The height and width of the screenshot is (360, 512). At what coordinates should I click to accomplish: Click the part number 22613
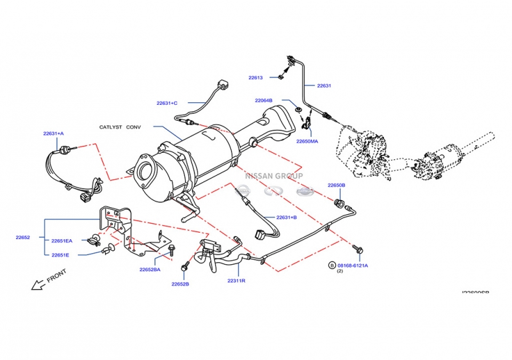tap(255, 77)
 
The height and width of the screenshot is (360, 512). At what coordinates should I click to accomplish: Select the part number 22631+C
tap(166, 103)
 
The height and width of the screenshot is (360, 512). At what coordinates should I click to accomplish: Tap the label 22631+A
tap(54, 133)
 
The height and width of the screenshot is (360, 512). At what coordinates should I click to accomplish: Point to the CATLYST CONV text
tap(120, 127)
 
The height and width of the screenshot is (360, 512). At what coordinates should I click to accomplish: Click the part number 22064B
tap(264, 100)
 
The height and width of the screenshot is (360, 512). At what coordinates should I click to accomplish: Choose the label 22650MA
tap(307, 141)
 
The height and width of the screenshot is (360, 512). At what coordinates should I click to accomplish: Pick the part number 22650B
tap(337, 185)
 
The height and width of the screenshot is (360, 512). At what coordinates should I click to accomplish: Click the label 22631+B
tap(287, 217)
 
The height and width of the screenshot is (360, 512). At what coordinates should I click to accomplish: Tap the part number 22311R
tap(236, 281)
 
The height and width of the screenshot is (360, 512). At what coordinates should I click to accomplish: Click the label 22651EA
tap(62, 241)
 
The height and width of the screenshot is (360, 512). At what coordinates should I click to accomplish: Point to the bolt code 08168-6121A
tap(353, 265)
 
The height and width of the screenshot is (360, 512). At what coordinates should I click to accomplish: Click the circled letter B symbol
tap(332, 265)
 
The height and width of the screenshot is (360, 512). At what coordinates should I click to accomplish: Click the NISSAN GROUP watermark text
tap(275, 175)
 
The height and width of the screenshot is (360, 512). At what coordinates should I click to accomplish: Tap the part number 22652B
tap(180, 284)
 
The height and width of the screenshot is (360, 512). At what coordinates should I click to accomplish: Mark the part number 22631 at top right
tap(324, 86)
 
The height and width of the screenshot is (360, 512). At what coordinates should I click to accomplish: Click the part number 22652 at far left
tap(23, 237)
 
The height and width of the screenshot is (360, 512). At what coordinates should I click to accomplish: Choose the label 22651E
tap(61, 254)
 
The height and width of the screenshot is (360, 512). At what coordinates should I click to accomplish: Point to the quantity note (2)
tap(340, 272)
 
